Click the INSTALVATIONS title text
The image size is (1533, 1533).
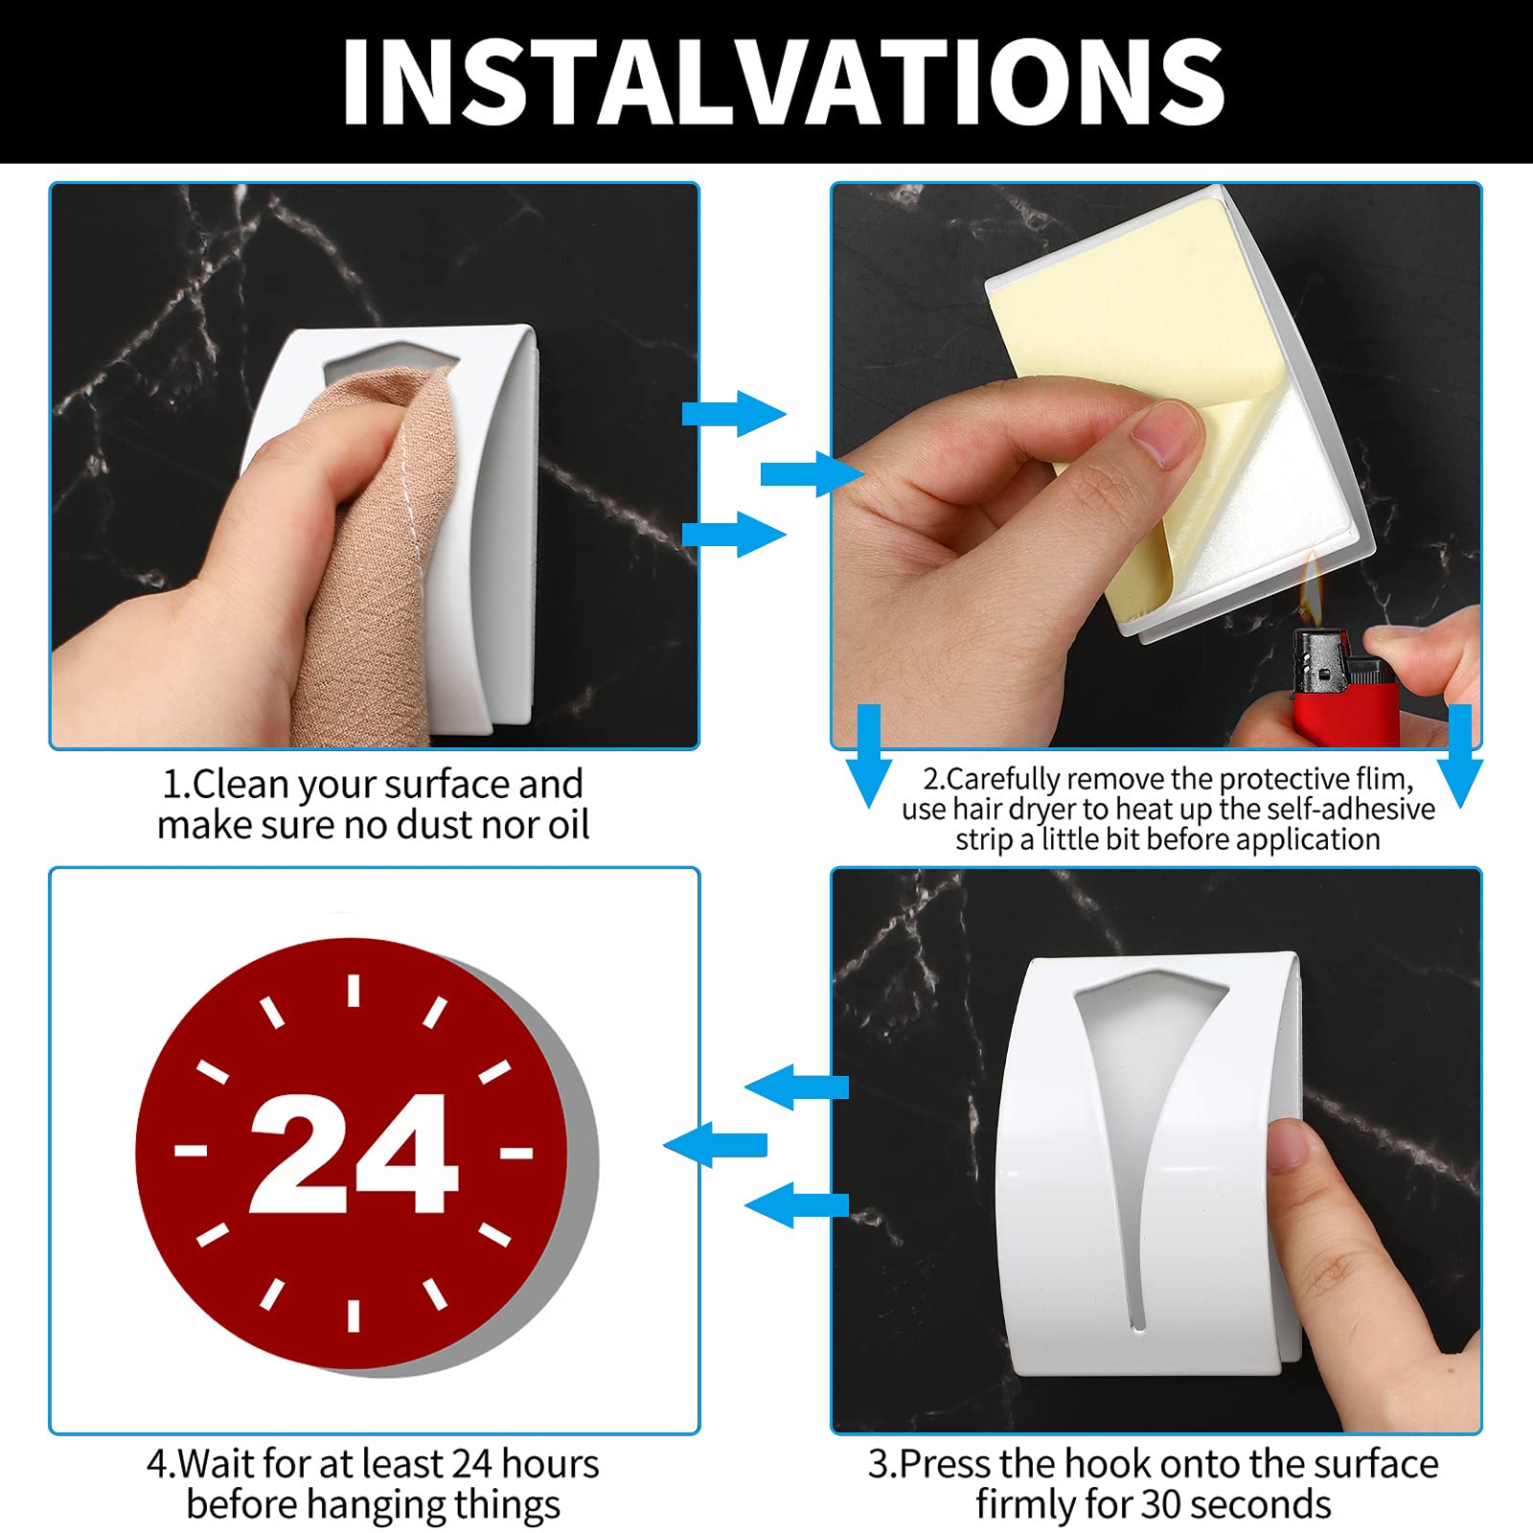pos(783,81)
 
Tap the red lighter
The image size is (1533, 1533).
pos(1341,685)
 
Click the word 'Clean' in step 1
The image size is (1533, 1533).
pos(240,785)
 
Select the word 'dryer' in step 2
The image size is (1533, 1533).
pos(1036,811)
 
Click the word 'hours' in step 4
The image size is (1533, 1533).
pos(550,1464)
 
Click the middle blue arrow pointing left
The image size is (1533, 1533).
pos(715,1144)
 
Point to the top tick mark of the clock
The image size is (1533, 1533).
pos(354,991)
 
